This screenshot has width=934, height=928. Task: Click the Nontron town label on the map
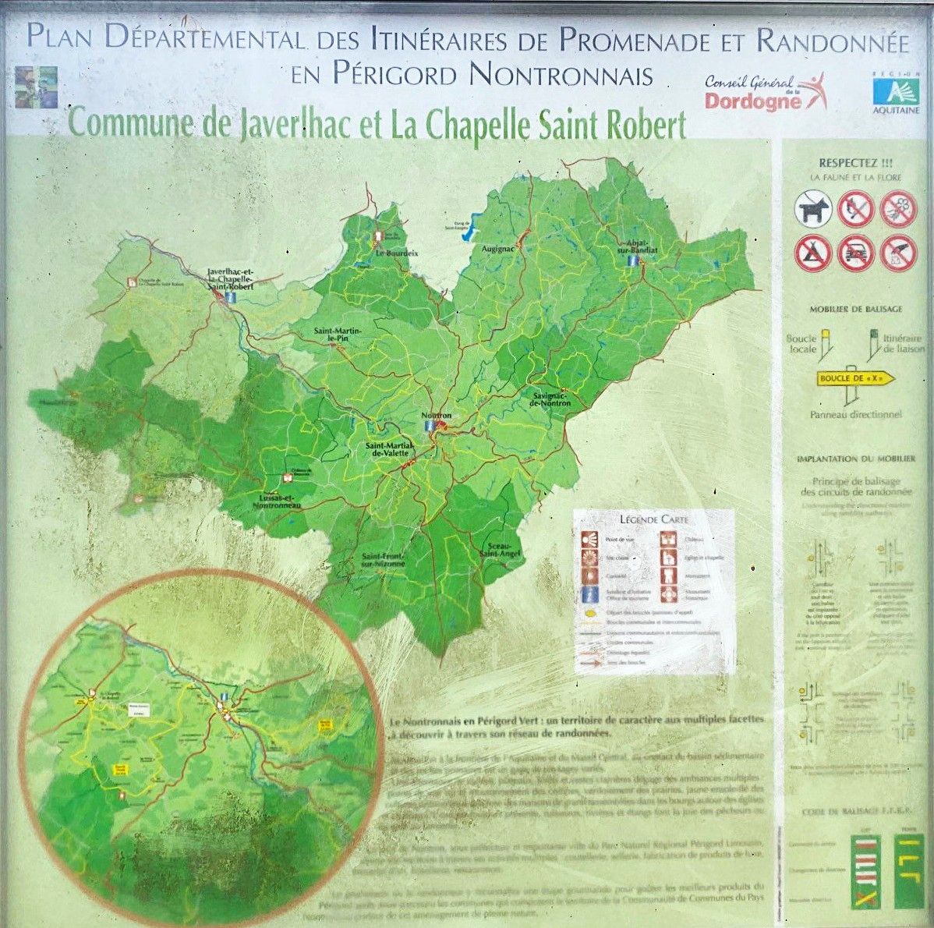436,416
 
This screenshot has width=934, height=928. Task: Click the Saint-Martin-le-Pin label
336,335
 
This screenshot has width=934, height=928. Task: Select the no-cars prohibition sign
856,253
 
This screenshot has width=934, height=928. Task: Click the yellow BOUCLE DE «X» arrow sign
854,379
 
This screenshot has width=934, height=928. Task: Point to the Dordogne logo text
753,101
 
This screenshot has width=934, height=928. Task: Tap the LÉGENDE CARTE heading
653,519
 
